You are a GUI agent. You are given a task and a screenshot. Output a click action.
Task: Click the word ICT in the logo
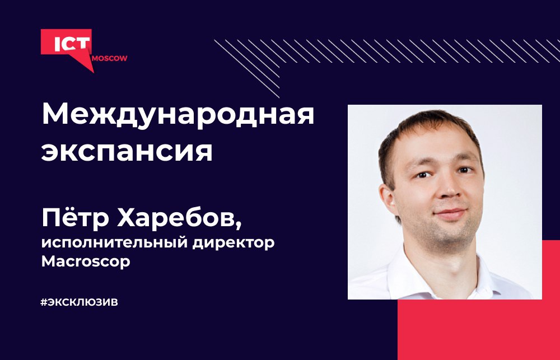pos(72,44)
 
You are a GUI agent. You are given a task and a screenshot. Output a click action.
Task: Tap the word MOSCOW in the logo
pos(109,59)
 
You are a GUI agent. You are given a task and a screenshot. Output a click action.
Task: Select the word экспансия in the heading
pos(127,151)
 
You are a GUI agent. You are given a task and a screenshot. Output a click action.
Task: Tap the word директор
pos(234,243)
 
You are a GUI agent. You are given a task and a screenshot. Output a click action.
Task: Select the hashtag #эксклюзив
pos(80,302)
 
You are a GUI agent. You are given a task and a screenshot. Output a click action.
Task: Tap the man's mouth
pos(451,213)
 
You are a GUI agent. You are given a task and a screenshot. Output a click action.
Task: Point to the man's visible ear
pos(388,200)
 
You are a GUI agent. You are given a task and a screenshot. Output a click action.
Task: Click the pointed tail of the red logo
pos(94,72)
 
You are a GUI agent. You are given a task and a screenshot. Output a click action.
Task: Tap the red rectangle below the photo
pos(479,329)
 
